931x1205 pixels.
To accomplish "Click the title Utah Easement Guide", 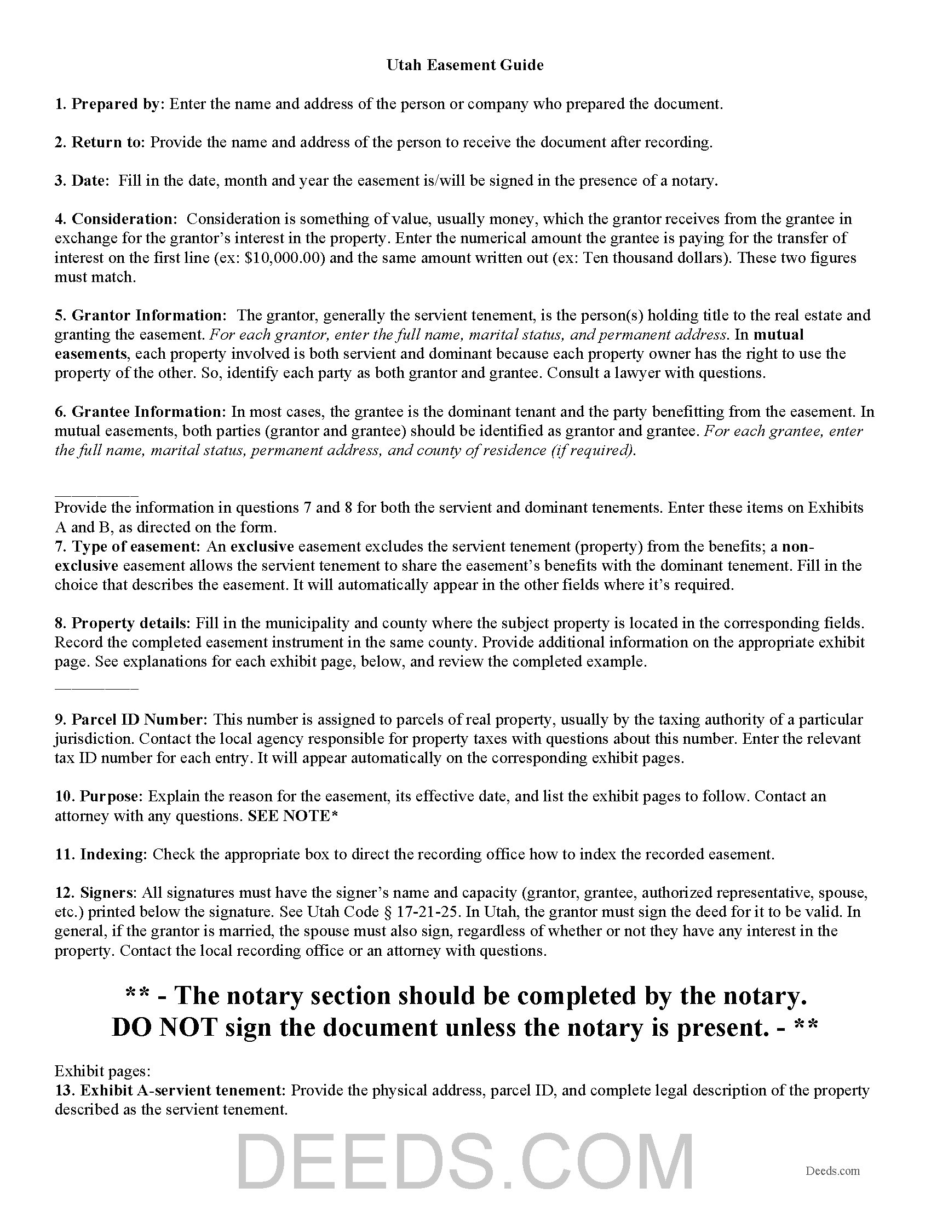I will point(465,65).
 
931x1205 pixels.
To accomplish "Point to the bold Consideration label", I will point(123,219).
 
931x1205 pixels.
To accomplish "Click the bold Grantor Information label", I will point(148,315).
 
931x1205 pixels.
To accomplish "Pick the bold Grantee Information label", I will point(147,411).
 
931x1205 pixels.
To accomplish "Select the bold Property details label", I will point(130,623).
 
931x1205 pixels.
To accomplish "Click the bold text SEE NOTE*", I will point(293,816).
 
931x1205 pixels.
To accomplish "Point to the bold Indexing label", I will point(113,854).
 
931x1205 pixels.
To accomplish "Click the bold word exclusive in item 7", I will point(262,546).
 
